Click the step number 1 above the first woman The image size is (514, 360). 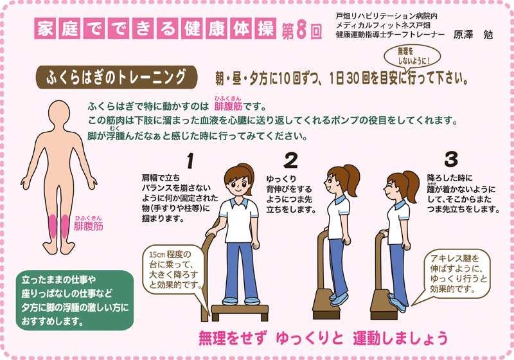click(x=190, y=157)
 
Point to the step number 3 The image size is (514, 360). click(x=451, y=157)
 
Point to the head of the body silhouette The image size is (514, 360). click(x=60, y=112)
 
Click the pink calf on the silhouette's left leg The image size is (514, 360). click(x=51, y=224)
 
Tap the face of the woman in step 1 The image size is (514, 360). click(x=238, y=181)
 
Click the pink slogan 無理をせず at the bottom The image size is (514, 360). click(x=233, y=337)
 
